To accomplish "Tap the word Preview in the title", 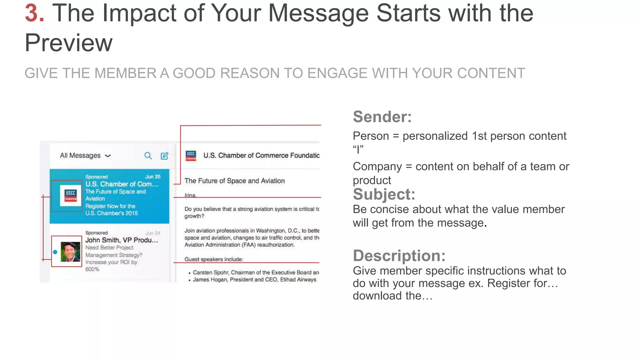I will click(x=68, y=43).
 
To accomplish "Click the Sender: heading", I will click(x=382, y=117).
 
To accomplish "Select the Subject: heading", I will click(x=384, y=194).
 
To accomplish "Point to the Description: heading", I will click(x=399, y=256).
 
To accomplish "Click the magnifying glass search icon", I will click(x=148, y=156).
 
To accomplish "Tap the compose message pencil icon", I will click(x=164, y=156).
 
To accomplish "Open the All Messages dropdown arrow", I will click(x=108, y=156).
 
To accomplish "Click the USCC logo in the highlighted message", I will click(x=70, y=196).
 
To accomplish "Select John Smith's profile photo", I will click(x=70, y=252).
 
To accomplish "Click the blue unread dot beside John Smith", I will click(x=55, y=252).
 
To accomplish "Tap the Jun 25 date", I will click(x=153, y=177).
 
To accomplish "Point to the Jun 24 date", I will click(x=153, y=233).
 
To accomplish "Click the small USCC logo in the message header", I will click(x=191, y=155).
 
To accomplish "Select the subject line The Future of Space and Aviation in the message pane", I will click(x=234, y=181).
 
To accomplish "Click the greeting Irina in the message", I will click(x=190, y=195).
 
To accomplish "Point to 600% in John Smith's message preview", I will click(x=92, y=269).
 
